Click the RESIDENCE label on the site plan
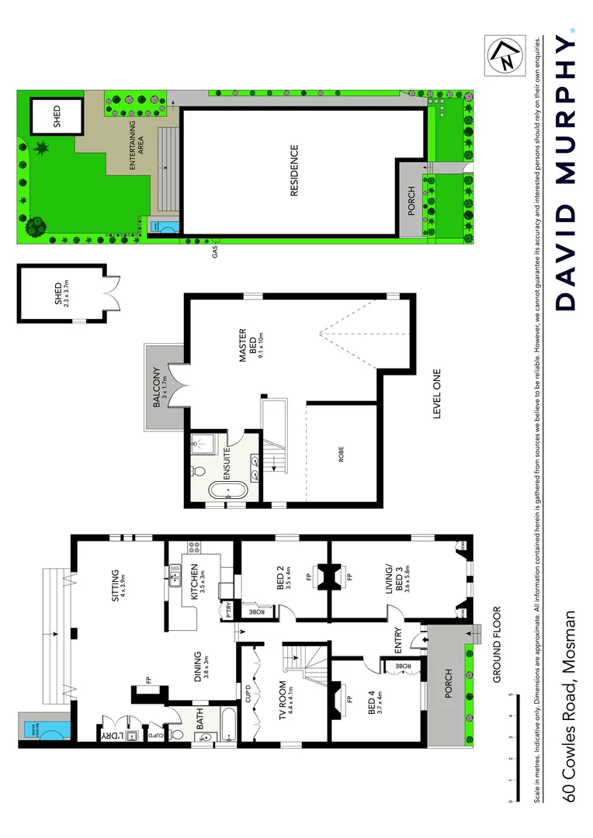pos(294,171)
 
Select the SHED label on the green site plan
pos(57,116)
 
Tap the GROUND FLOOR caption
pos(498,644)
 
